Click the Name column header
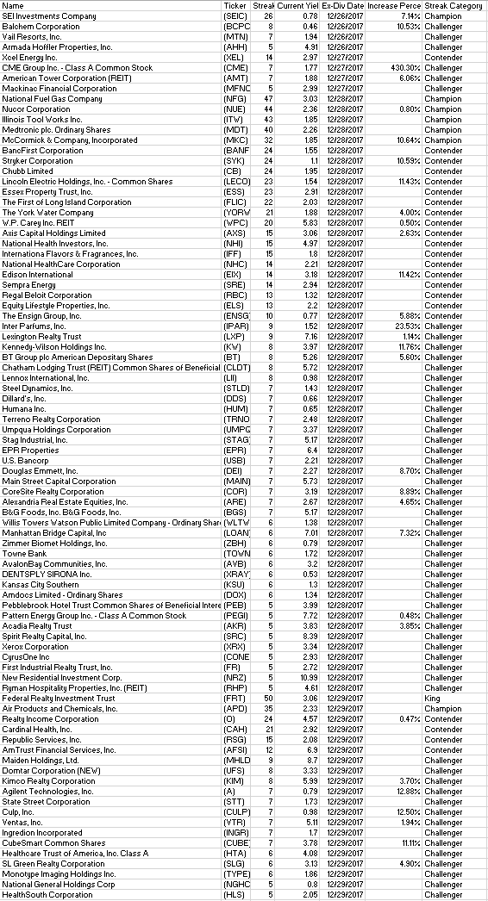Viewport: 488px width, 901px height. (x=11, y=6)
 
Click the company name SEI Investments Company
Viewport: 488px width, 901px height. (x=49, y=16)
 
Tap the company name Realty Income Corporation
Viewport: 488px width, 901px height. (x=44, y=718)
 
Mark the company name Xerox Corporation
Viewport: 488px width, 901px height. (x=35, y=646)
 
